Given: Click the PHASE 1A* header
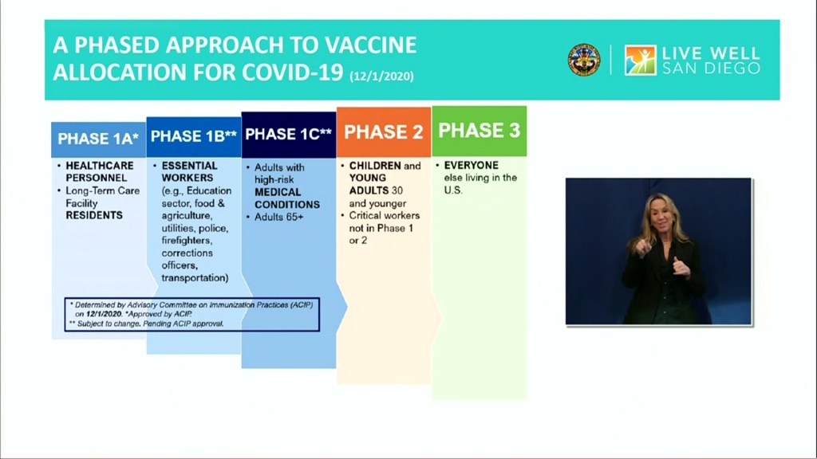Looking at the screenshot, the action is tap(98, 139).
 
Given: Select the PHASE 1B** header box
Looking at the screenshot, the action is tap(194, 137).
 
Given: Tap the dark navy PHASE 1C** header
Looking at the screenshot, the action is tap(289, 135).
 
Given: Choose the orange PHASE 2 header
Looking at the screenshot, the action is tap(384, 132).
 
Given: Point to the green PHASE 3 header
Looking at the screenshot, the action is tap(480, 131).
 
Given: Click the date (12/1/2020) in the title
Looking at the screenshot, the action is tap(382, 76).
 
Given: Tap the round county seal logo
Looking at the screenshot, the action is tap(583, 60).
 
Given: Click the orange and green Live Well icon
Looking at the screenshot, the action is tap(641, 60).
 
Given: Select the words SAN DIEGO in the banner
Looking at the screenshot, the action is tap(711, 69).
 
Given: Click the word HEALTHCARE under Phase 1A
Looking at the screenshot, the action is tap(100, 166).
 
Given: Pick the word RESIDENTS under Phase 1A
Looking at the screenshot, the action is tap(94, 215).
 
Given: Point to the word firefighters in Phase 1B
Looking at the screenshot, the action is tap(187, 241).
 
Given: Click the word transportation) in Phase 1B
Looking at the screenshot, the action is tap(195, 278).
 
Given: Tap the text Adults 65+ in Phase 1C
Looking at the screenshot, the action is tap(278, 217).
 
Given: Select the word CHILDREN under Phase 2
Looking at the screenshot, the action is tap(375, 166).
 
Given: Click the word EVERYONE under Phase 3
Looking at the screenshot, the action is tap(472, 166).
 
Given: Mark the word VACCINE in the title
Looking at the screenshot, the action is tap(370, 45).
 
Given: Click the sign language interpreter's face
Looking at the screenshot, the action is tap(657, 214).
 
